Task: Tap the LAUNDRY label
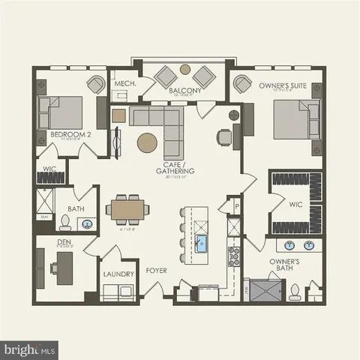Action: (118, 274)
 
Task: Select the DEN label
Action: (64, 242)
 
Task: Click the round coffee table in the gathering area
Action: (148, 142)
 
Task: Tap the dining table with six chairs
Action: (122, 208)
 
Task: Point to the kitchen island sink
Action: (202, 242)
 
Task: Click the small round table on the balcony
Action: (185, 70)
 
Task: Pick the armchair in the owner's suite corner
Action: (241, 84)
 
